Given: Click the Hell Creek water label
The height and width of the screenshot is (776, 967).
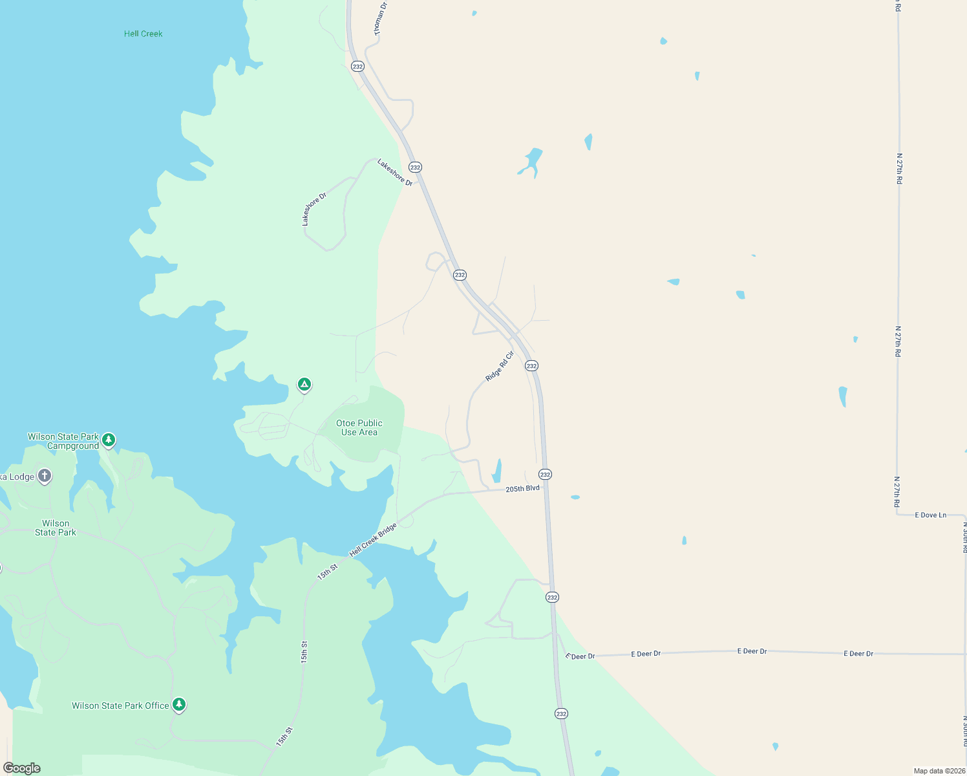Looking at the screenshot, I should click(143, 34).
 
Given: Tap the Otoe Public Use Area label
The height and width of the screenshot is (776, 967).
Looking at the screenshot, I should click(359, 427).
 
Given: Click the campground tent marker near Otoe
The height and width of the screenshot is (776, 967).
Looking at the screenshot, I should click(304, 385).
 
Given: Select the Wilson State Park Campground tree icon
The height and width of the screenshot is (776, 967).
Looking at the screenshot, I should click(109, 440).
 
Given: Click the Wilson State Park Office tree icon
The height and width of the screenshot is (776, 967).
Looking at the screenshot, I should click(179, 705).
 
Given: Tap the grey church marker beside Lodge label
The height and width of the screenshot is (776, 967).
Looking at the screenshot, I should click(44, 477).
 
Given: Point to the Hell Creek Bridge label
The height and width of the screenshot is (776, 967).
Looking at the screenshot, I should click(373, 541).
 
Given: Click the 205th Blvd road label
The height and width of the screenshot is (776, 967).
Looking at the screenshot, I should click(522, 489).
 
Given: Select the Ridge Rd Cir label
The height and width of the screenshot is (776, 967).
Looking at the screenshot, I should click(499, 366).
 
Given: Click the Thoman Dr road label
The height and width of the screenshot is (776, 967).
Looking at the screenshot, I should click(379, 18).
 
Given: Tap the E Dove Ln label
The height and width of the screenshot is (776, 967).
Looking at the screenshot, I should click(930, 515).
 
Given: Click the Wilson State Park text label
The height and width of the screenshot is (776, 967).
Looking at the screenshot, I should click(56, 528).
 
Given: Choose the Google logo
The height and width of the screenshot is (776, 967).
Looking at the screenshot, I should click(22, 768).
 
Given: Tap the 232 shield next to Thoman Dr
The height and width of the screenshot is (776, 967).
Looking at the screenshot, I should click(357, 67).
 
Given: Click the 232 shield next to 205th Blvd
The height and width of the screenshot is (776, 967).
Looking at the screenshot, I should click(545, 475).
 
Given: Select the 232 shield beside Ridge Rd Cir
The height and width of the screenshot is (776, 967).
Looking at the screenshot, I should click(531, 366).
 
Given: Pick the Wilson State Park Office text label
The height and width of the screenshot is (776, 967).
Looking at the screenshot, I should click(120, 706).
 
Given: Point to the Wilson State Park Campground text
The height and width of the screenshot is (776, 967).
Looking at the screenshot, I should click(63, 441).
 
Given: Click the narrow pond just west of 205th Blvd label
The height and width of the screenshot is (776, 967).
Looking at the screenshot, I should click(497, 471).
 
